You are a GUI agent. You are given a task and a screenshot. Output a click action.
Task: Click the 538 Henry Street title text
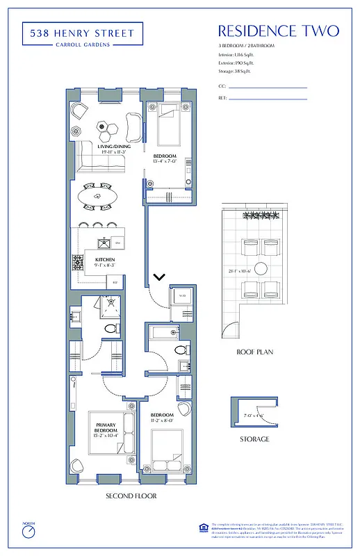[82, 31]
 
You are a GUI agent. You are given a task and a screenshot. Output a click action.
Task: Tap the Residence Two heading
[278, 31]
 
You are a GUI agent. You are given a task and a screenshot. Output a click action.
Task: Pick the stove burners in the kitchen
[78, 263]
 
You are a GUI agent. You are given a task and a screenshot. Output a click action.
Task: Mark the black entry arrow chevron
[159, 277]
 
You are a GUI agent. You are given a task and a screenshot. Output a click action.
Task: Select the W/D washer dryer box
[183, 297]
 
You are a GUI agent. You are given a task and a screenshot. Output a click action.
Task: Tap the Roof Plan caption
[254, 352]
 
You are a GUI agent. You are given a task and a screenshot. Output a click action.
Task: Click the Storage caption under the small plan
[254, 439]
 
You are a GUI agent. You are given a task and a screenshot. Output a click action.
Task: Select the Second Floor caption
[131, 496]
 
